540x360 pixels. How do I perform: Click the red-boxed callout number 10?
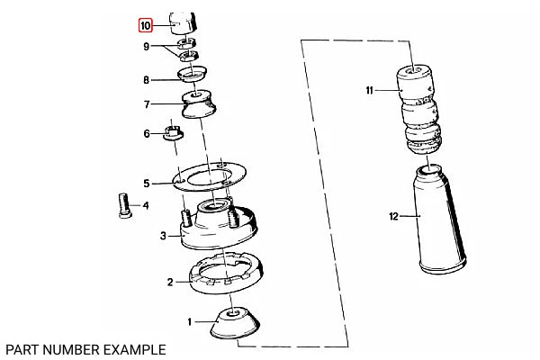click(145, 26)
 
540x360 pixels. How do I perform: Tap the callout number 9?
click(147, 46)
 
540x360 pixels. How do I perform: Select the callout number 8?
click(147, 80)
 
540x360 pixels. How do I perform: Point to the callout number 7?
click(147, 104)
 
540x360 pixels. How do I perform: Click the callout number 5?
click(147, 184)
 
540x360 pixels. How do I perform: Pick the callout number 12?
click(393, 216)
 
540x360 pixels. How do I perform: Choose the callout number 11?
click(369, 90)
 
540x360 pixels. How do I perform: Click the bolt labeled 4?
click(124, 205)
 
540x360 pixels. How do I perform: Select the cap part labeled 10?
click(183, 23)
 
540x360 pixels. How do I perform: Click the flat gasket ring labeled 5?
click(210, 177)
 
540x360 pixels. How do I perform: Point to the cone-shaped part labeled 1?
click(235, 322)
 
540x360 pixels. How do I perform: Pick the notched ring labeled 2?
click(226, 273)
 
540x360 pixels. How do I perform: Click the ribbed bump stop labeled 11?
click(418, 109)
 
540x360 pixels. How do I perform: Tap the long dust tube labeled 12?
click(439, 219)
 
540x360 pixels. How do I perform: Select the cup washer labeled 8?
click(193, 74)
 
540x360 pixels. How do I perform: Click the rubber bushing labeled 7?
click(199, 104)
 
